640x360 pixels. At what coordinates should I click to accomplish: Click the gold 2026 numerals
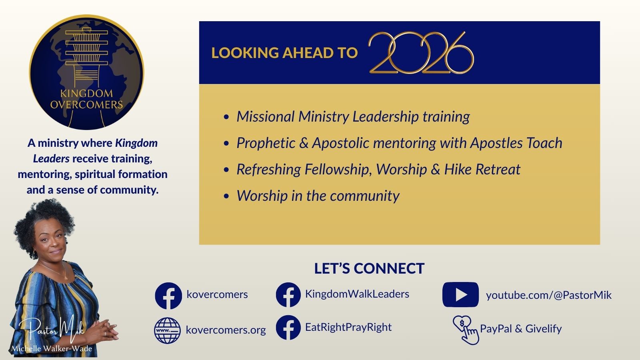click(421, 52)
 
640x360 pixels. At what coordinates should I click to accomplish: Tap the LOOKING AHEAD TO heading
click(284, 53)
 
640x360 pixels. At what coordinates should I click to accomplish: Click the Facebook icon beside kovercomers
click(168, 296)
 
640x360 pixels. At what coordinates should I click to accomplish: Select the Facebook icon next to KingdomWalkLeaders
click(288, 295)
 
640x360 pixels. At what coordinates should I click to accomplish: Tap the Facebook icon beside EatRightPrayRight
click(288, 328)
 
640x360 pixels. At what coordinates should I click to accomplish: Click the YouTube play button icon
click(460, 294)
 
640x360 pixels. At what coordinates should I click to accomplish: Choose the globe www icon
click(168, 330)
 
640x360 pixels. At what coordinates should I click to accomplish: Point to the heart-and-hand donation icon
click(466, 330)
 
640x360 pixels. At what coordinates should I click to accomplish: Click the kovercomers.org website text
click(226, 330)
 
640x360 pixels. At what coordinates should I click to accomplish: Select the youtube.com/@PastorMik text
click(549, 295)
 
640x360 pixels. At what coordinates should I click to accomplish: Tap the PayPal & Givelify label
click(521, 328)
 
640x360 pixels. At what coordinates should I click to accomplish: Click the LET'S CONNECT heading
click(369, 268)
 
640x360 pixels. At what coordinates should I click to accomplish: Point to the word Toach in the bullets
click(544, 143)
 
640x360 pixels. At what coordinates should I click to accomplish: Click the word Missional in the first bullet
click(266, 116)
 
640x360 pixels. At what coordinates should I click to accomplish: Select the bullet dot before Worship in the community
click(226, 196)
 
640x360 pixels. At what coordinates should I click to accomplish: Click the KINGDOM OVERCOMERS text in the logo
click(86, 99)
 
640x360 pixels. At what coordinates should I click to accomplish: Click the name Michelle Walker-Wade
click(52, 348)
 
